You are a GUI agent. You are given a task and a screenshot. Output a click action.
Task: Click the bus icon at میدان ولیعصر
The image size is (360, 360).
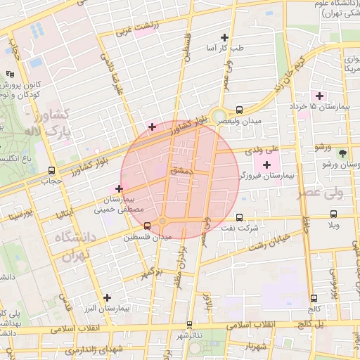point(240,110)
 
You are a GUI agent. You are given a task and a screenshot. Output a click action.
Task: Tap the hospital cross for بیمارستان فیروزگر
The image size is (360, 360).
point(266,164)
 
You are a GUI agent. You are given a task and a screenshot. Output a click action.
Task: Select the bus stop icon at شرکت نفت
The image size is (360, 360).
point(240,217)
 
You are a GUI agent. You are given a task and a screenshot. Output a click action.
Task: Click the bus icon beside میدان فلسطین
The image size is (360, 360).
point(147,226)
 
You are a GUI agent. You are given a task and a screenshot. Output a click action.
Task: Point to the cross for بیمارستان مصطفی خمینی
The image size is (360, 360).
point(119,188)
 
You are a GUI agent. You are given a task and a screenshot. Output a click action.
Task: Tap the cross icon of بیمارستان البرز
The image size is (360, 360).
point(107,297)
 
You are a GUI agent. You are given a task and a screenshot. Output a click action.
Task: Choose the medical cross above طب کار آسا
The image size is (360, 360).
point(225,37)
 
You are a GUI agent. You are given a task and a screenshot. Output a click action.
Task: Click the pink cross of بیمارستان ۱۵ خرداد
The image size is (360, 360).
point(319,95)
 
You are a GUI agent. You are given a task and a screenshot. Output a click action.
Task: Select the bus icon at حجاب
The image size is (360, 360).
point(51,170)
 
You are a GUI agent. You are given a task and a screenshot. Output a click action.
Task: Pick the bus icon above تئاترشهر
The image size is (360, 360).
point(190,325)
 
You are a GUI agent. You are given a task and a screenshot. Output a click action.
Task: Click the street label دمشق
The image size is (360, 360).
point(179,171)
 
